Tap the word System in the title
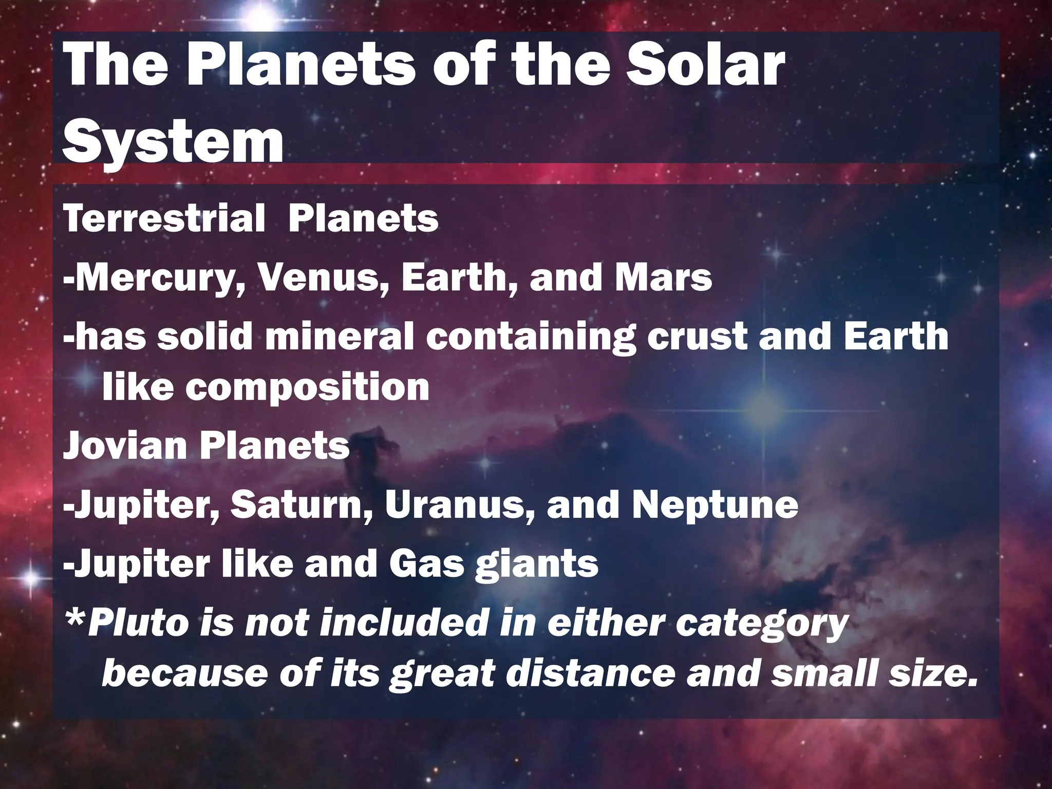(x=173, y=139)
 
